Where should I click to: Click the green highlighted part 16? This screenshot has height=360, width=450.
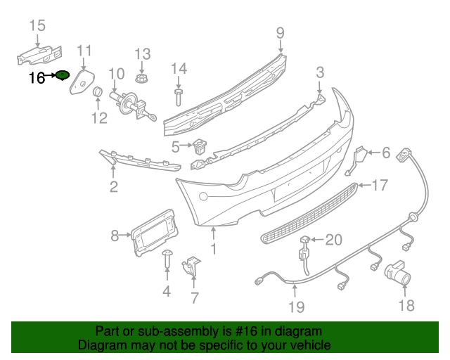pyautogui.click(x=63, y=75)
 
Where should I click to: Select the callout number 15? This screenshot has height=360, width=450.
pyautogui.click(x=37, y=26)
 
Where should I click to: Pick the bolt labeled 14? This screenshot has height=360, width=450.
pyautogui.click(x=178, y=95)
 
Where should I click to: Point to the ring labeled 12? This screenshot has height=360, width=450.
pyautogui.click(x=98, y=94)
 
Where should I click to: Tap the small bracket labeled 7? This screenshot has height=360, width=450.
pyautogui.click(x=192, y=266)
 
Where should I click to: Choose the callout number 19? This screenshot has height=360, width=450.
pyautogui.click(x=296, y=307)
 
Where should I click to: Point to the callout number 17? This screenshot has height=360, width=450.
pyautogui.click(x=380, y=186)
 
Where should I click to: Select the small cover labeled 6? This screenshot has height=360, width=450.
pyautogui.click(x=358, y=160)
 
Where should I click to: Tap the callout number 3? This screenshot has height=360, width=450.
pyautogui.click(x=319, y=72)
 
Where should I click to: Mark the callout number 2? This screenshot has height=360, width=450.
pyautogui.click(x=113, y=186)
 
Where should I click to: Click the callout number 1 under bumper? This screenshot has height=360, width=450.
pyautogui.click(x=214, y=249)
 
